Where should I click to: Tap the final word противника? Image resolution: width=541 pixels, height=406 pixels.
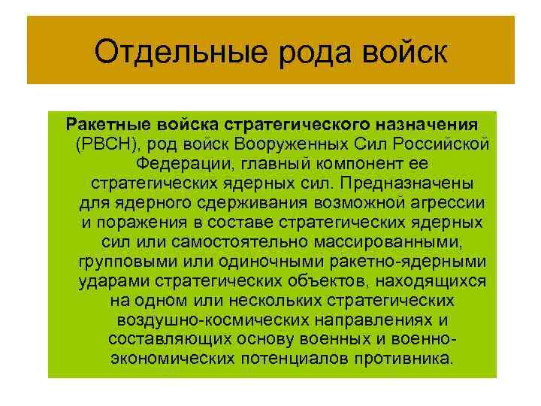coord(404,359)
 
